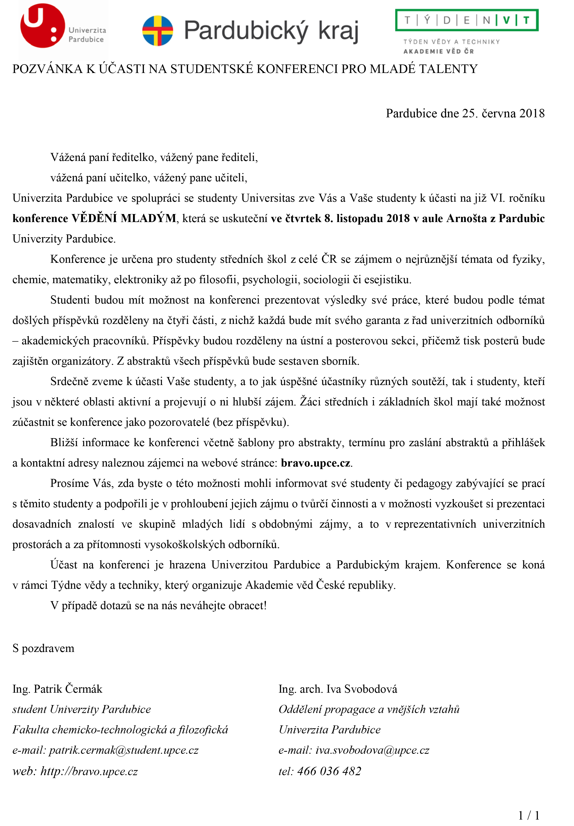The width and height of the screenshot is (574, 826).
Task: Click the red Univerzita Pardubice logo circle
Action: coord(43,26)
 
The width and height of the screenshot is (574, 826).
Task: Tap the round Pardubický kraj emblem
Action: coord(157,31)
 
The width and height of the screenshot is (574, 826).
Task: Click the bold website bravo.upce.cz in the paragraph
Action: coord(315,463)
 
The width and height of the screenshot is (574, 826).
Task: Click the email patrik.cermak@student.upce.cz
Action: coord(124,750)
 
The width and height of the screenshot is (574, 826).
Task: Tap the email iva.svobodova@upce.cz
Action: coord(372,750)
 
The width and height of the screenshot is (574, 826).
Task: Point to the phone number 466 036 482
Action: coord(329,771)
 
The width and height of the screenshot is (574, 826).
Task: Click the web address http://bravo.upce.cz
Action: coord(89,771)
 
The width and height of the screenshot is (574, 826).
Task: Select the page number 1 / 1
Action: coord(529,815)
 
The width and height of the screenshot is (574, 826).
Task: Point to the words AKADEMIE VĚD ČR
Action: coord(438,51)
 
